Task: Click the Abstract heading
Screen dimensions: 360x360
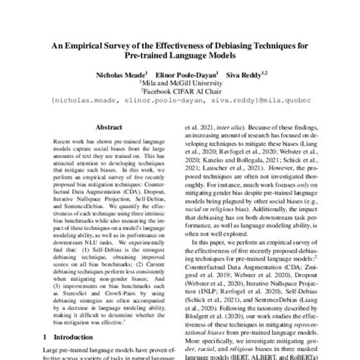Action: click(106, 130)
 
